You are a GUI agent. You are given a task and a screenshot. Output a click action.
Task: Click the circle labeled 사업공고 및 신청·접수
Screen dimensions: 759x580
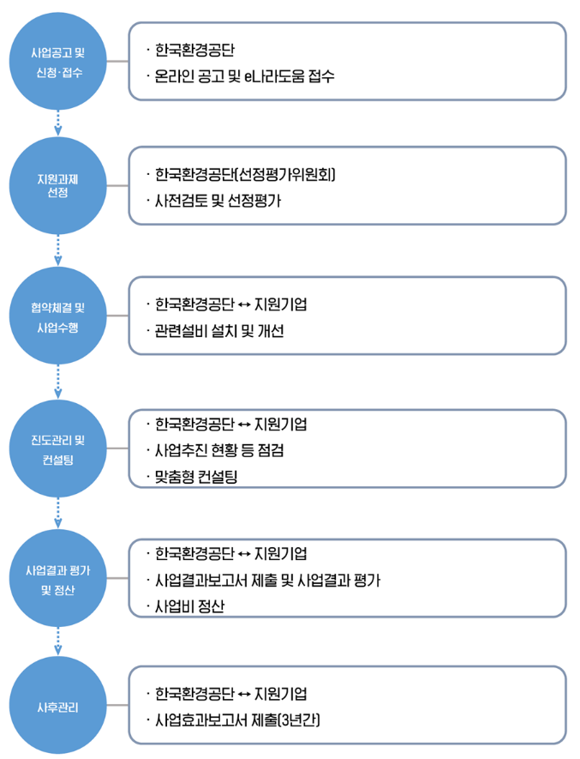pos(57,61)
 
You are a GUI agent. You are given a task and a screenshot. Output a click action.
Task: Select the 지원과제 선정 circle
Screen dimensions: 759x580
pos(57,184)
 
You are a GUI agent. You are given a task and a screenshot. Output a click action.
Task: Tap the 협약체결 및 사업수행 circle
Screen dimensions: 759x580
pos(57,316)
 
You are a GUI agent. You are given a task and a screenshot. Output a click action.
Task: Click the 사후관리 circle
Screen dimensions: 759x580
pos(57,705)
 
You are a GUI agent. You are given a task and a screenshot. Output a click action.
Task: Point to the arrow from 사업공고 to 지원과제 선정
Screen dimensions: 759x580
pos(57,121)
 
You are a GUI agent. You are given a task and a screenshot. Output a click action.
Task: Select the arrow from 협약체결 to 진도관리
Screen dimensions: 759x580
pos(57,382)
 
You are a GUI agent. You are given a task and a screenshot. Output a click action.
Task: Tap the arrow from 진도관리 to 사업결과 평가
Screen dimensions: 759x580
pos(57,514)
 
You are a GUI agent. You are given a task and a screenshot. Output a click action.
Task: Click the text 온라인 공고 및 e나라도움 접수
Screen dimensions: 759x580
pos(244,76)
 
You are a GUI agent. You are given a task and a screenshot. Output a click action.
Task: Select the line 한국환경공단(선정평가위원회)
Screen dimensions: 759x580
pos(245,176)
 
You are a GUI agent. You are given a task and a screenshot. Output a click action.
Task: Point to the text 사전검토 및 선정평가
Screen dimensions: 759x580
pos(218,202)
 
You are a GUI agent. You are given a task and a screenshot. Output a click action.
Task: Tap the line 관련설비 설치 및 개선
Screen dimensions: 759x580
pos(219,331)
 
